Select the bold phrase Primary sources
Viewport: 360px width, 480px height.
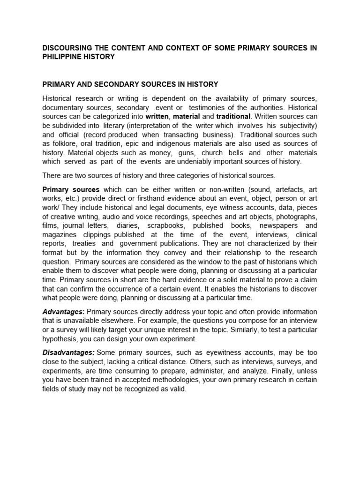(71, 189)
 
